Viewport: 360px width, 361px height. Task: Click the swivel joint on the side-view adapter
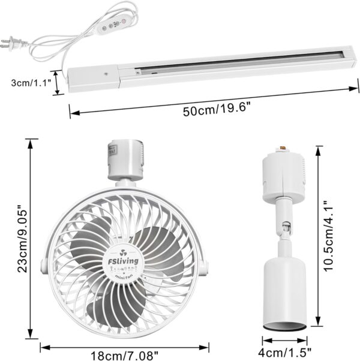point(286,227)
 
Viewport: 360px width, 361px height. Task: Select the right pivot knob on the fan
point(206,263)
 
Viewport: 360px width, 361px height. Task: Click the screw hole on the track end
point(106,75)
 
